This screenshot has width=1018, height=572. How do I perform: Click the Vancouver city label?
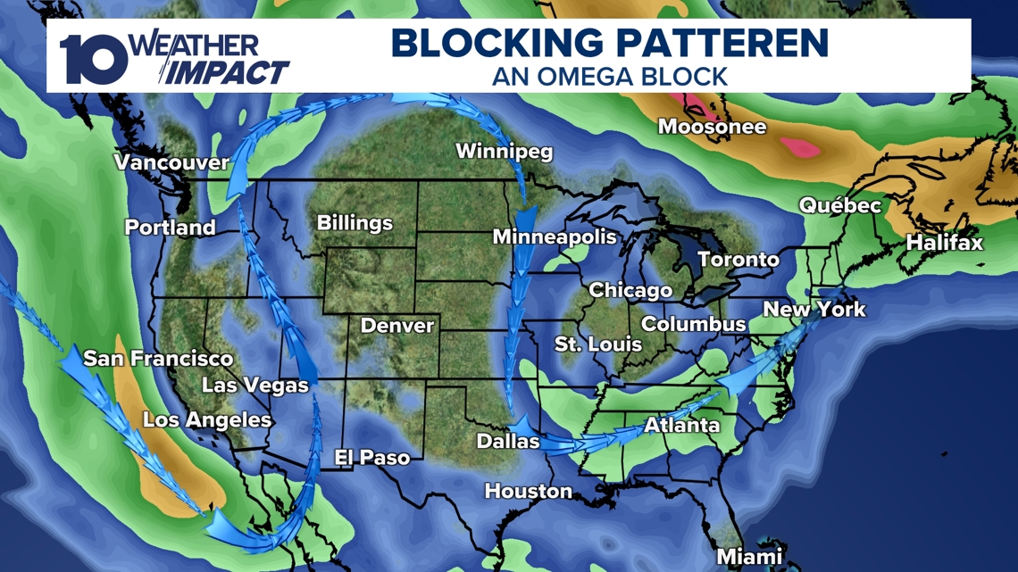(x=171, y=163)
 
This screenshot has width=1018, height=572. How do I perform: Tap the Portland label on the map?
(x=170, y=228)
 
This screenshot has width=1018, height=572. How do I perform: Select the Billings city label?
(x=355, y=223)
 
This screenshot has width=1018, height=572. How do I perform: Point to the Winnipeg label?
(x=504, y=152)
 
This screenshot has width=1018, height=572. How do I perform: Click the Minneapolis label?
(x=555, y=237)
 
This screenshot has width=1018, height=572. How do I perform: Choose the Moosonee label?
(x=712, y=128)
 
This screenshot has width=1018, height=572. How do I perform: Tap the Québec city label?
(x=839, y=206)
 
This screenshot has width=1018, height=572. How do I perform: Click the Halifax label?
(x=944, y=243)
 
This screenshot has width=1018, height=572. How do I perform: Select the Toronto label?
(x=738, y=261)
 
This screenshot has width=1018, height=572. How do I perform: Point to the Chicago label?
(x=630, y=291)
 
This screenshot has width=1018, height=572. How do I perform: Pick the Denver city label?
(x=396, y=326)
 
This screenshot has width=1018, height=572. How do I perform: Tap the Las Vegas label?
(x=254, y=385)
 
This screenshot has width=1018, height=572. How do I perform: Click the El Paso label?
(x=371, y=458)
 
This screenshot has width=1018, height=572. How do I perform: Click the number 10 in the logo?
(x=93, y=61)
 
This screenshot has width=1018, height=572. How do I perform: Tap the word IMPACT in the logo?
(x=227, y=72)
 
